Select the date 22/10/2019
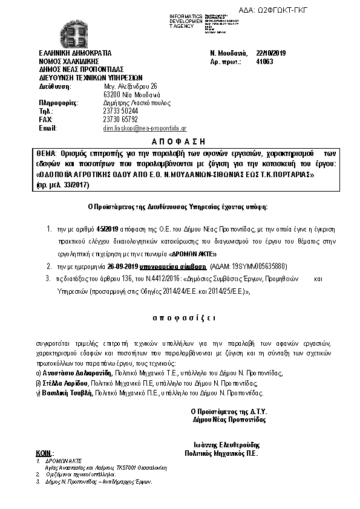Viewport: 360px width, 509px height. click(x=271, y=53)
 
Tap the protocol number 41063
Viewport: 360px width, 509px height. click(x=265, y=62)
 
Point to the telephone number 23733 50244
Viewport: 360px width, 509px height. click(x=121, y=111)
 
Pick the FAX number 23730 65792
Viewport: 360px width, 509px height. click(x=121, y=120)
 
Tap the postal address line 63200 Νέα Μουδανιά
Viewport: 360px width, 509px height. click(x=132, y=95)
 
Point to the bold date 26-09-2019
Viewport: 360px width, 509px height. click(x=123, y=266)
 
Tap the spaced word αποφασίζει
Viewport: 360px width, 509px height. click(x=180, y=317)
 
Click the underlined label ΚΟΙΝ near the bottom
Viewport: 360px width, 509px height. click(x=44, y=453)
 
